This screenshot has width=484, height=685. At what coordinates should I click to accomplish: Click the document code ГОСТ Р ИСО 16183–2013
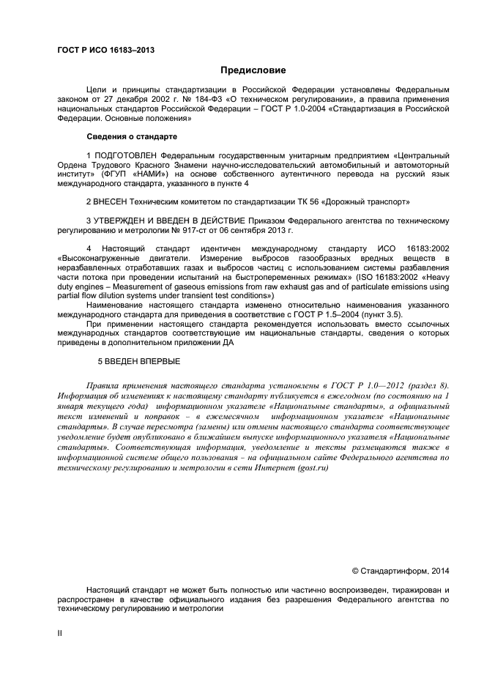pyautogui.click(x=105, y=50)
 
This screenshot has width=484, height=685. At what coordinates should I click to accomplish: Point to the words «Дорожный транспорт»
pyautogui.click(x=371, y=201)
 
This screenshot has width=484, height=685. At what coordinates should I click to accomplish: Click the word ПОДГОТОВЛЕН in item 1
pyautogui.click(x=127, y=155)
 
